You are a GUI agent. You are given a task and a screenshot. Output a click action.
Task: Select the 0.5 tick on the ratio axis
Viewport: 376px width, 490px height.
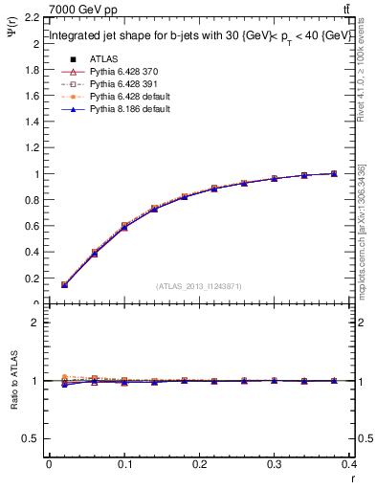click(x=31, y=438)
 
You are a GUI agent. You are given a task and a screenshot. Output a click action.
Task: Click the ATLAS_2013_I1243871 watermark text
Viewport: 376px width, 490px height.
click(x=199, y=286)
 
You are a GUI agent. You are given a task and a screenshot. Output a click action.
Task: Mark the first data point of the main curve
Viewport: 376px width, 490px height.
click(x=64, y=284)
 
